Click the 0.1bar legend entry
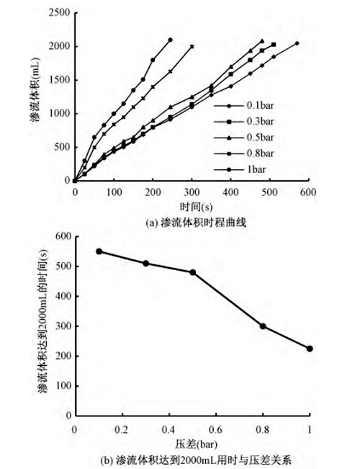click(x=243, y=105)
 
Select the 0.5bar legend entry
click(x=243, y=138)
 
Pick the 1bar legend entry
click(x=240, y=169)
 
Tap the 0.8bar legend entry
click(x=243, y=153)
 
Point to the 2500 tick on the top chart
click(x=59, y=13)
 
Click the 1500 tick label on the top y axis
click(x=59, y=80)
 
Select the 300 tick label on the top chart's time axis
click(x=192, y=192)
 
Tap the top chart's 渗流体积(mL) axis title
click(x=35, y=89)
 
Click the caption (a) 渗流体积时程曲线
click(x=196, y=223)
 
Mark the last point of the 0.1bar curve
click(x=297, y=43)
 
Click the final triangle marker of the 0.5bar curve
click(x=262, y=41)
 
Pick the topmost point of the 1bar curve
click(x=171, y=40)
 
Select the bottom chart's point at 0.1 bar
click(x=99, y=251)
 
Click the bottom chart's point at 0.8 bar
click(x=263, y=326)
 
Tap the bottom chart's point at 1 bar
click(x=310, y=349)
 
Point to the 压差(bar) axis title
click(x=196, y=445)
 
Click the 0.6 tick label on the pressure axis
click(x=215, y=430)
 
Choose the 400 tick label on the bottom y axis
click(x=63, y=296)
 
